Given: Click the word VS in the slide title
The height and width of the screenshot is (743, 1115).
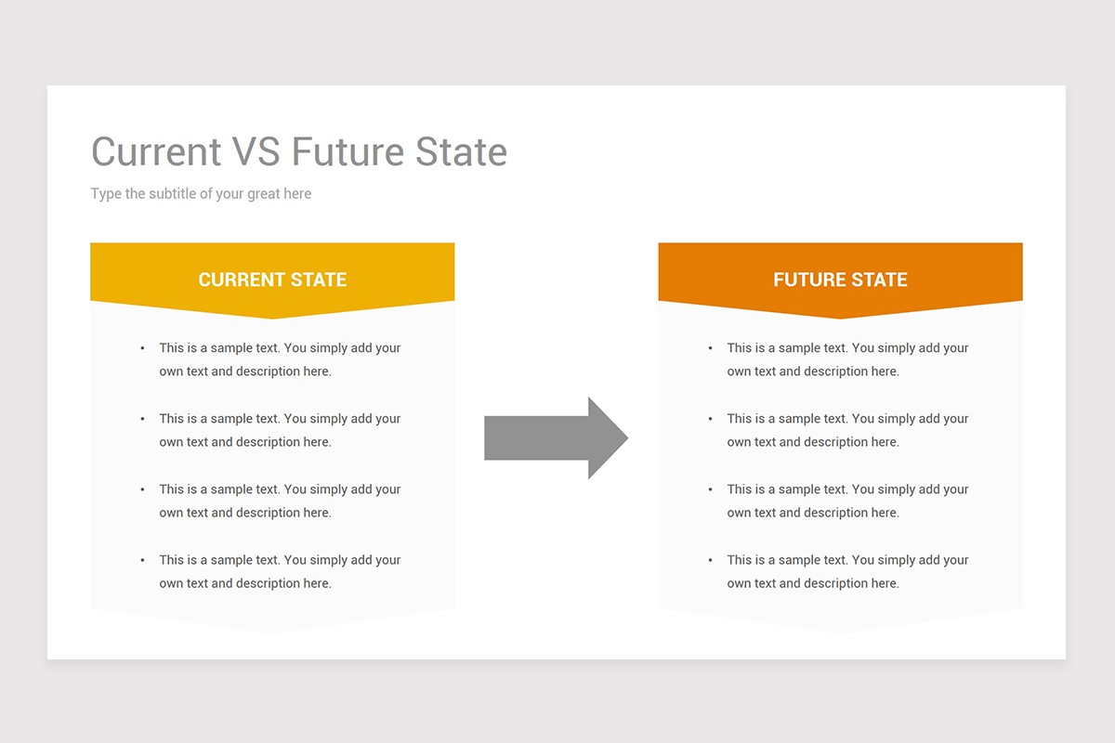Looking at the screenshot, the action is point(256,151).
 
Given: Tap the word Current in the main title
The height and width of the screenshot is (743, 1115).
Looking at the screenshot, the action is point(156,151).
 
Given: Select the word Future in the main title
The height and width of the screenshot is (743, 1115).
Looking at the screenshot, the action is point(348,151).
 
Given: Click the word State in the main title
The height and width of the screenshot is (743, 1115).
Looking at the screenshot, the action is point(461,151).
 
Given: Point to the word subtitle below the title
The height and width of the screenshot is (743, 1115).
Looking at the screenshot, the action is point(172,193).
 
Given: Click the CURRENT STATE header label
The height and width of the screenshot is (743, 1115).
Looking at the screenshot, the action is point(272,280).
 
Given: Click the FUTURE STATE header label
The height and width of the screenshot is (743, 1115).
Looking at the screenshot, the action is point(840,280).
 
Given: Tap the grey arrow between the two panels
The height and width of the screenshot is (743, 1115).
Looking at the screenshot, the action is point(556,438).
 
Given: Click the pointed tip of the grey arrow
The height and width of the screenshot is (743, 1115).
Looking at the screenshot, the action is point(628,438).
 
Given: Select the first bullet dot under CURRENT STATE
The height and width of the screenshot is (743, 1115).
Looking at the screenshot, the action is point(143,348).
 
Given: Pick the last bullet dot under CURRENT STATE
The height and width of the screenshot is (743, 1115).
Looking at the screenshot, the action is point(143,560).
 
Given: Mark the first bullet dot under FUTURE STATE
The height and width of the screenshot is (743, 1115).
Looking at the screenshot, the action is point(710,348).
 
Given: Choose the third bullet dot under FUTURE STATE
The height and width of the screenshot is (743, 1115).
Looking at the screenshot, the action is point(710,489).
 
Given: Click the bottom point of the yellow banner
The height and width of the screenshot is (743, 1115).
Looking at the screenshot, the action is point(272,318).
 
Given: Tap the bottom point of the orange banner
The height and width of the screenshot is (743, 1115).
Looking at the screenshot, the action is point(840,318).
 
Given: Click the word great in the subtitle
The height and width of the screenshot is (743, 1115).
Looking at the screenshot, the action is point(263,194).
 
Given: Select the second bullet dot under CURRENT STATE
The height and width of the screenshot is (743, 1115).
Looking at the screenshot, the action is point(143,419).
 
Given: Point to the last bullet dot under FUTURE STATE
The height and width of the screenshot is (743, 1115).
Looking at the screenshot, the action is point(710,560).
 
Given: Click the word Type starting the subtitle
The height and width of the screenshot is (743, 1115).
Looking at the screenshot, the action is point(106,194).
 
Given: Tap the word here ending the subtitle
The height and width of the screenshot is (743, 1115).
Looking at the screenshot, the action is point(297,193).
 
